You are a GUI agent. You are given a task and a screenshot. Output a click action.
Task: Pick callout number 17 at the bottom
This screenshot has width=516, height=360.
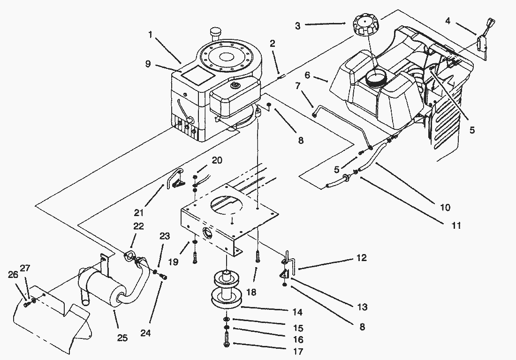[x=298, y=352]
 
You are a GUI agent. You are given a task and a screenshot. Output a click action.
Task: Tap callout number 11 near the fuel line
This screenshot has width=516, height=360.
[x=455, y=225]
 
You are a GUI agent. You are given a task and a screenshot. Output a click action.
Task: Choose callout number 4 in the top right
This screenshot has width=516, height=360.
[x=448, y=21]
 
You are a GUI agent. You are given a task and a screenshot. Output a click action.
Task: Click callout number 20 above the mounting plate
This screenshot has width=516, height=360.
[x=216, y=160]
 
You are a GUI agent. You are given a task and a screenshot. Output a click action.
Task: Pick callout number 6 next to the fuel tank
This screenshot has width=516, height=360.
[x=307, y=75]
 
